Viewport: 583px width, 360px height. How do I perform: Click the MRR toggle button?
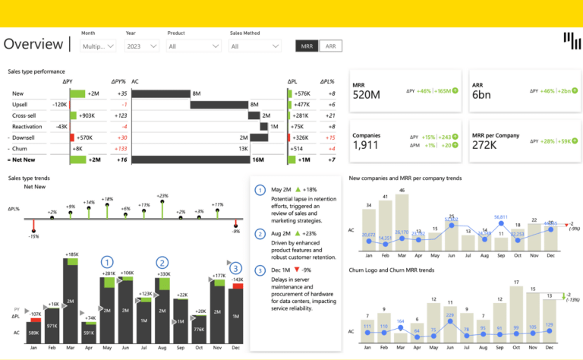[x=307, y=46]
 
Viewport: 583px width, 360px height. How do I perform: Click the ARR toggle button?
[x=330, y=46]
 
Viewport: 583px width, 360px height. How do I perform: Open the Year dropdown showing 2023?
[x=142, y=46]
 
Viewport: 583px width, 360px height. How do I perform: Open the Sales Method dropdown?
[x=255, y=46]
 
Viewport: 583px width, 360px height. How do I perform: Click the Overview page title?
[x=33, y=44]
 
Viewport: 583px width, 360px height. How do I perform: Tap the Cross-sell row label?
[x=25, y=115]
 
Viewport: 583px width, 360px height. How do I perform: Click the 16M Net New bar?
[x=199, y=160]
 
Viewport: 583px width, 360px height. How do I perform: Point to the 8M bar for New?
[x=161, y=93]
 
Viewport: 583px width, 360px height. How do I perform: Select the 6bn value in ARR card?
[x=481, y=95]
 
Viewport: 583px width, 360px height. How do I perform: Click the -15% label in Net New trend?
[x=33, y=236]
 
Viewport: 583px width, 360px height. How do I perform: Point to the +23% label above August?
[x=162, y=196]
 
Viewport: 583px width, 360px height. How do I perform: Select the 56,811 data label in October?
[x=500, y=217]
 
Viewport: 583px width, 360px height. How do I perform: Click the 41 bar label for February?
[x=386, y=197]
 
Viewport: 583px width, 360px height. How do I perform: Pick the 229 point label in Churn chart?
[x=450, y=314]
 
